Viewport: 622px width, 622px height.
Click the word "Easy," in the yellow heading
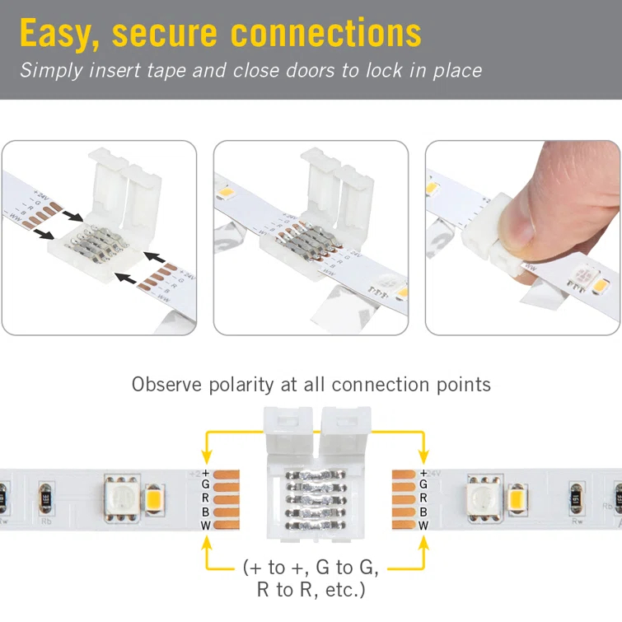(60, 33)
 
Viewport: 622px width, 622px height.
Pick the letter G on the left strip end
(205, 484)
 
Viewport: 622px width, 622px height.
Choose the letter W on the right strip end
(423, 525)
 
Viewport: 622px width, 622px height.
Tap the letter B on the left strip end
(205, 512)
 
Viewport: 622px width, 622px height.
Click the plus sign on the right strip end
(423, 472)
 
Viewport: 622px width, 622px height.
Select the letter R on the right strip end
(423, 498)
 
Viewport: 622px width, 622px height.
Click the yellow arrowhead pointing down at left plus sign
(205, 456)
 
